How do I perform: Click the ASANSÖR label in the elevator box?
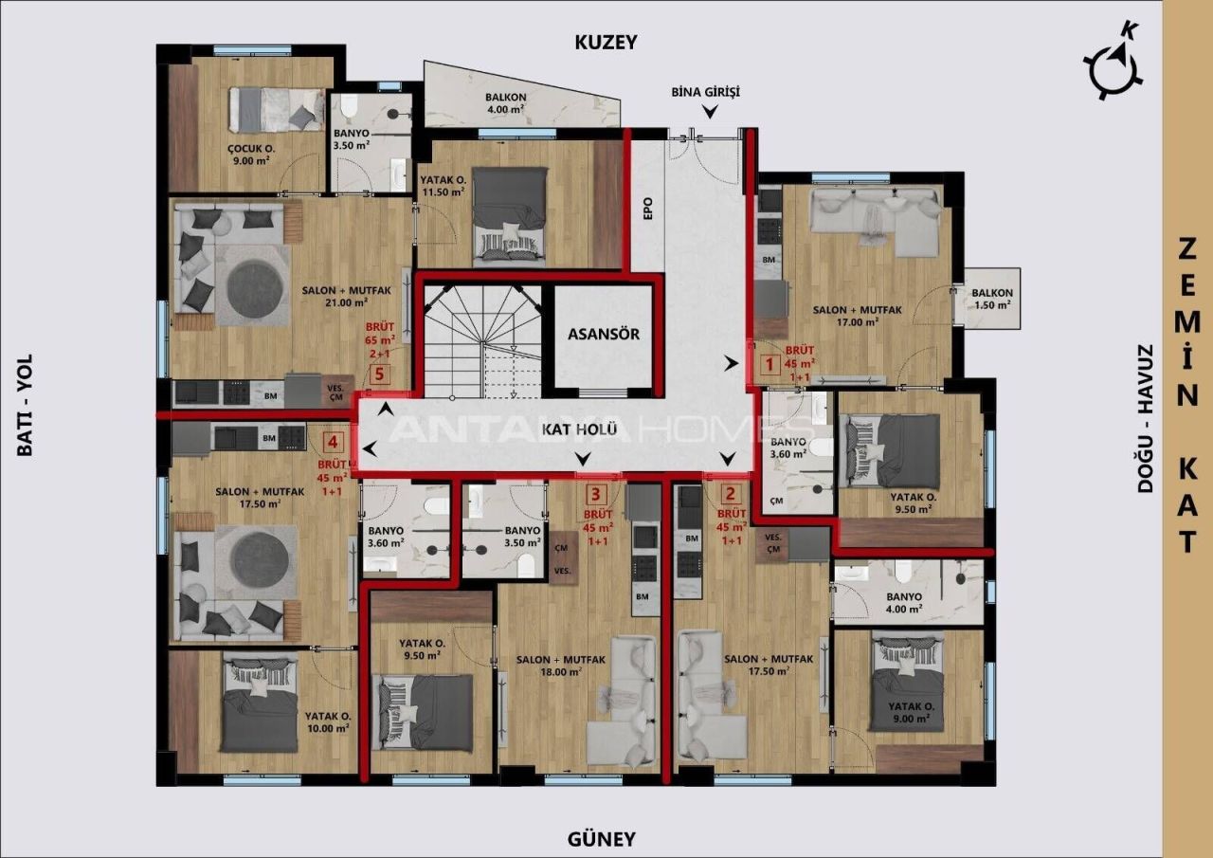pos(604,334)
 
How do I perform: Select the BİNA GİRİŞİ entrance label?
pos(704,92)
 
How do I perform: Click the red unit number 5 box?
pos(379,374)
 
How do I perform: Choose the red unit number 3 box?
pos(595,493)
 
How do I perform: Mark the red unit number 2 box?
pos(729,493)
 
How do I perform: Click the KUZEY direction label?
pos(606,42)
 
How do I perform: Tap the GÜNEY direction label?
pos(601,839)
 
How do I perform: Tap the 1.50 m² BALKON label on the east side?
pos(990,299)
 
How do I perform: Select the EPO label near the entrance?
pos(648,210)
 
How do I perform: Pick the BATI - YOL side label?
pos(25,405)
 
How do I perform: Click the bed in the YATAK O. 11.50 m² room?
pos(510,213)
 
